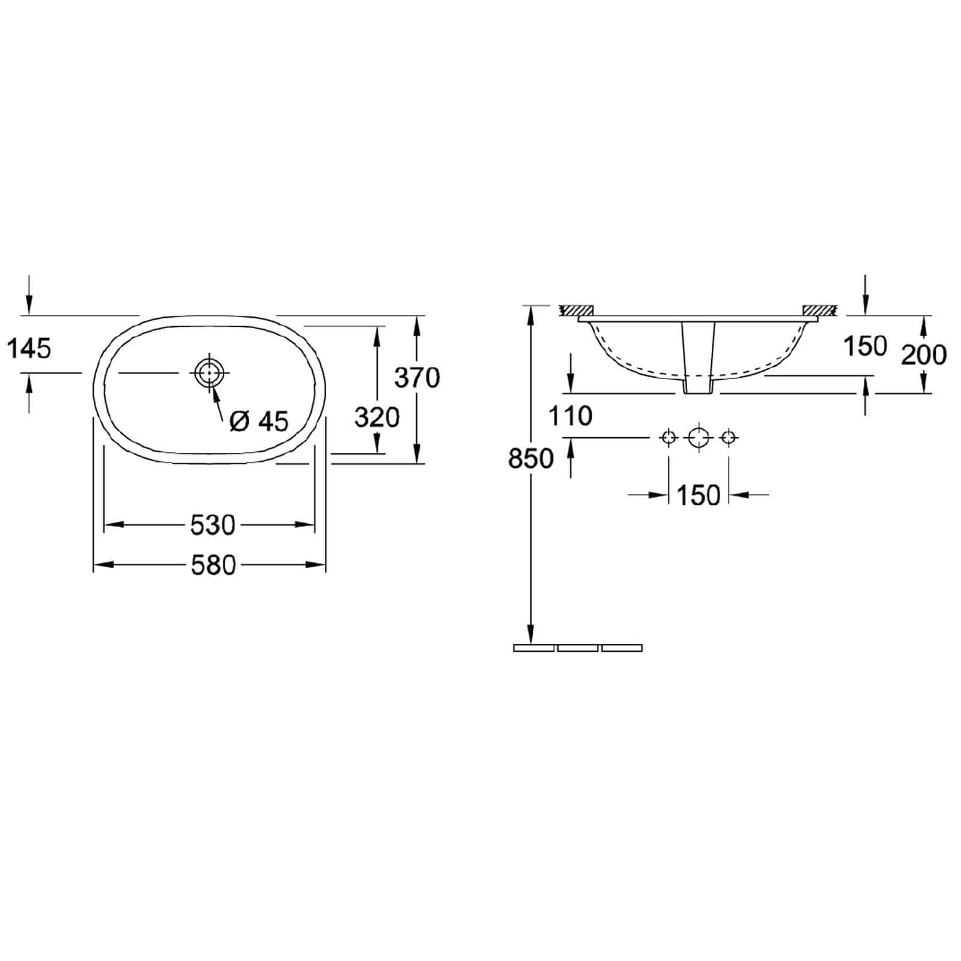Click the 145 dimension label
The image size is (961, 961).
click(29, 348)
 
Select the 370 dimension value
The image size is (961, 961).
click(417, 378)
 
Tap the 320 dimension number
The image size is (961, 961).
click(377, 417)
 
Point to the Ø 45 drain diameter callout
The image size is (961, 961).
click(259, 422)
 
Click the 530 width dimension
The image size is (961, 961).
click(213, 526)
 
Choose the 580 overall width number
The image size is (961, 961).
click(213, 565)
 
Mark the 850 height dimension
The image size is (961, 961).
click(530, 459)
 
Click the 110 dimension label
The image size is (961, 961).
click(571, 415)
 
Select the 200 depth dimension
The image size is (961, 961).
click(924, 355)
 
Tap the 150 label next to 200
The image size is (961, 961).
click(865, 346)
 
